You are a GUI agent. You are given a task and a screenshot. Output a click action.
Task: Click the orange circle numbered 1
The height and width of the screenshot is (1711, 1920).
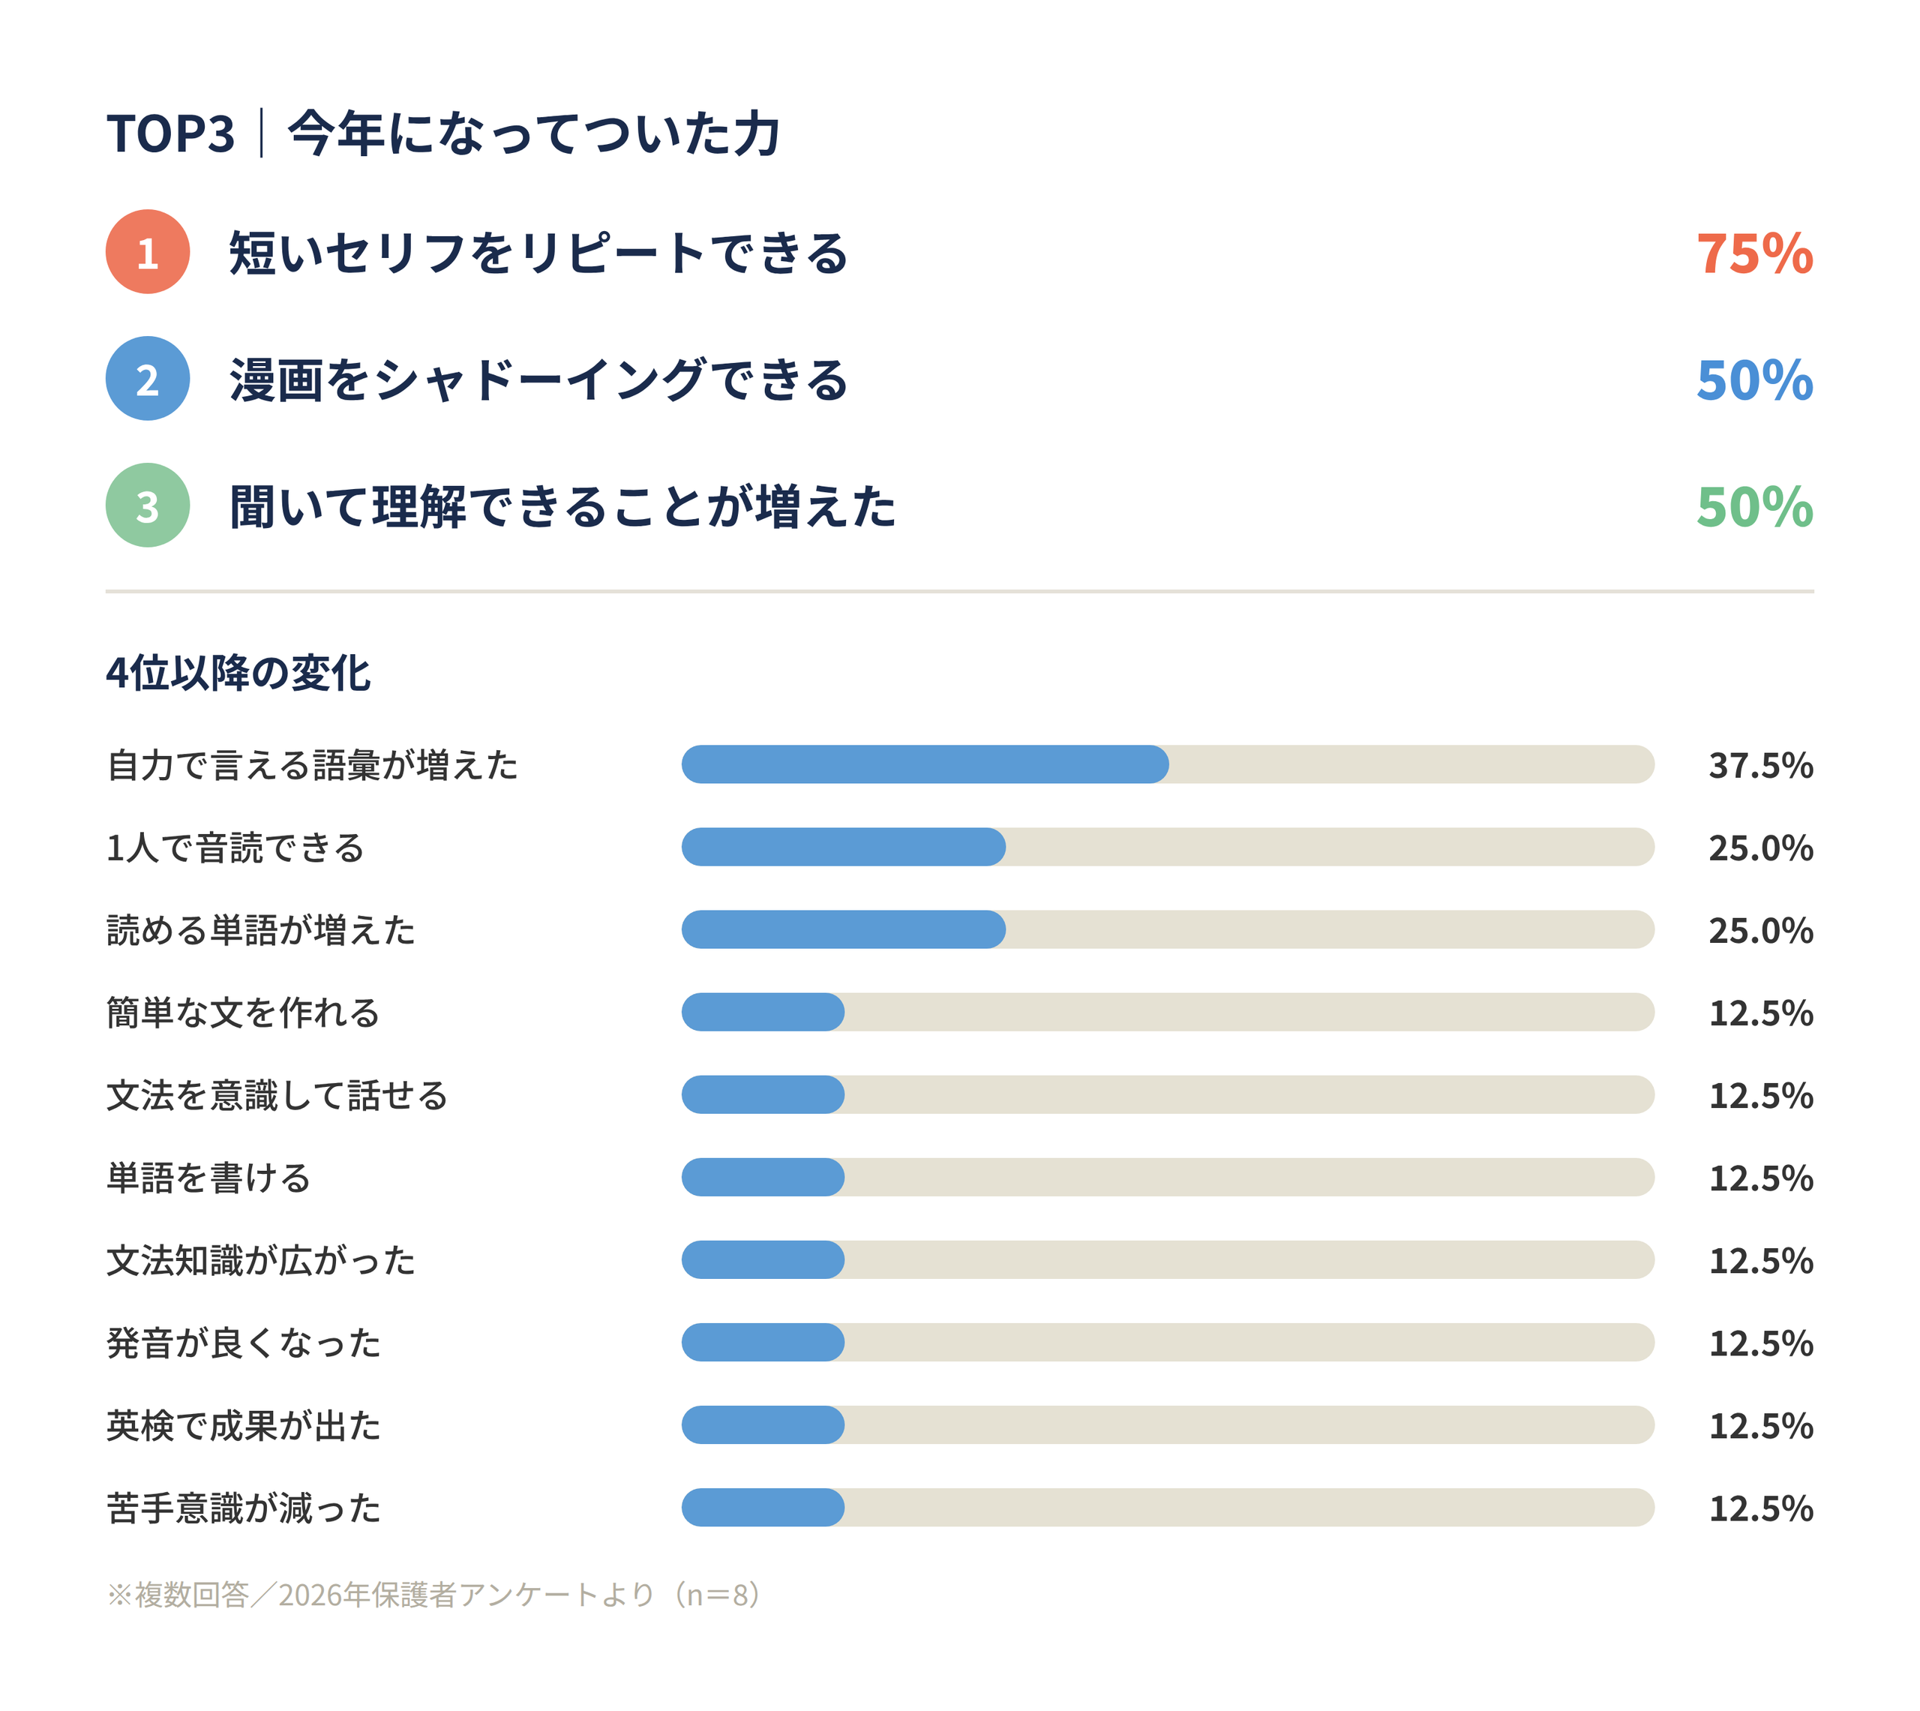pos(148,252)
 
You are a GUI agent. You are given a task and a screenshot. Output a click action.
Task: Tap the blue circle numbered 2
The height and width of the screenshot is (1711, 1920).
pos(148,379)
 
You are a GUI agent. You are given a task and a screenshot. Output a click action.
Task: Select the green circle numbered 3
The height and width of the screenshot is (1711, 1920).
pos(148,506)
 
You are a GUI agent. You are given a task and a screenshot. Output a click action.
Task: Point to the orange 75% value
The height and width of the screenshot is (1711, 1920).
pos(1753,254)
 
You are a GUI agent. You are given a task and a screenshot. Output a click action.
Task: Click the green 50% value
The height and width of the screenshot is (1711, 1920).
pos(1753,508)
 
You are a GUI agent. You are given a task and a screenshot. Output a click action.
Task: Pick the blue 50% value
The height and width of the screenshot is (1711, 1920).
pos(1753,381)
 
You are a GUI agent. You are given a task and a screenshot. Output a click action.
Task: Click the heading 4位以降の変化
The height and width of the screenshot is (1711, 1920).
pos(238,673)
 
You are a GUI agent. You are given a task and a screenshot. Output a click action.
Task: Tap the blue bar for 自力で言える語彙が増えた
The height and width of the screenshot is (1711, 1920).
pos(925,764)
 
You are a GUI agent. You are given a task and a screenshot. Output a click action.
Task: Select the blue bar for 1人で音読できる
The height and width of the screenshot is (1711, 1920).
pos(843,847)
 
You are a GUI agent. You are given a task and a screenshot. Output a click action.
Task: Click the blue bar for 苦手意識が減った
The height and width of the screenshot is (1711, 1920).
pos(762,1507)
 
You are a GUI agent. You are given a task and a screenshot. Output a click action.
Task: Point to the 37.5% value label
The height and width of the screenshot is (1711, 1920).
pos(1760,765)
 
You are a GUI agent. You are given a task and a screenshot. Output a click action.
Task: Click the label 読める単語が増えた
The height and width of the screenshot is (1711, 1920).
pos(261,930)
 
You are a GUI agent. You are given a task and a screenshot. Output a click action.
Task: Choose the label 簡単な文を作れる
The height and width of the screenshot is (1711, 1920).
pos(244,1013)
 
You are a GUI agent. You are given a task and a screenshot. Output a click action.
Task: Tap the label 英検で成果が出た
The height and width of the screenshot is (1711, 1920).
pos(244,1425)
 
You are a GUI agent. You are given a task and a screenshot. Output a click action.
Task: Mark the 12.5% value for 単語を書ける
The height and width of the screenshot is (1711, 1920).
pos(1760,1178)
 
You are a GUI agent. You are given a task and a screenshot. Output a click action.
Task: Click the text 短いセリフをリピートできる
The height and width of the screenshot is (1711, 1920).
pos(539,253)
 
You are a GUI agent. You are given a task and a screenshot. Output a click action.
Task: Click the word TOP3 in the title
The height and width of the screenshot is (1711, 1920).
pos(170,134)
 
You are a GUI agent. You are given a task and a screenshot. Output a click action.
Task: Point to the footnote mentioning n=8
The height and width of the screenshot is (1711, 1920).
pos(433,1595)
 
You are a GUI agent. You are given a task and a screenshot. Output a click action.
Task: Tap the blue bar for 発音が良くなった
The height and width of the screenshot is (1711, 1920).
pos(762,1343)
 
